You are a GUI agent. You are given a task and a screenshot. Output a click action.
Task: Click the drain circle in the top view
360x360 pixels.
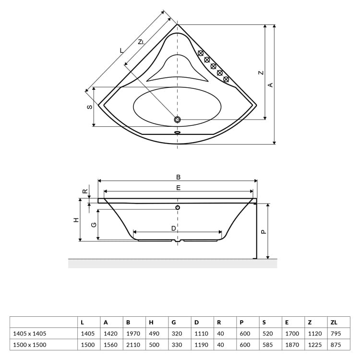coord(178,120)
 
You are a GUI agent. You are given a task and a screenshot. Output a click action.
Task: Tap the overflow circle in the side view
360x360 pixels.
coord(178,207)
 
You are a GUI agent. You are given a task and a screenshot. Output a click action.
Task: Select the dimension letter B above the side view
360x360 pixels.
coord(178,177)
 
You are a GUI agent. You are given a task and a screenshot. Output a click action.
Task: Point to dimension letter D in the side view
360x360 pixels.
coord(174,228)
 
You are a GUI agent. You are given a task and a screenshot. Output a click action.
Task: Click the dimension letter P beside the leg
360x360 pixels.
coord(263,231)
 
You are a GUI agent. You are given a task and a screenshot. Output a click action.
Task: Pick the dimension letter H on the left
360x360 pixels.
coord(75,220)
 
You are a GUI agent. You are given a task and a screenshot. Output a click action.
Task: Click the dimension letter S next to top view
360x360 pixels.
coord(89,107)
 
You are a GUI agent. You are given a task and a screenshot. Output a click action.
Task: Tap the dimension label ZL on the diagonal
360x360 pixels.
coord(141,42)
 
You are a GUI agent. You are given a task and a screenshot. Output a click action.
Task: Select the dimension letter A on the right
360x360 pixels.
coord(270,84)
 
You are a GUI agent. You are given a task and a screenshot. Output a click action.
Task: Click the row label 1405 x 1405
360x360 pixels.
coord(30,333)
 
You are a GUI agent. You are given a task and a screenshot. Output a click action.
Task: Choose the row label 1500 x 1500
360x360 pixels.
coord(30,345)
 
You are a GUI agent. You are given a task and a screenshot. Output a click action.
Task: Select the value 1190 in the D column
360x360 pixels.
coord(201,345)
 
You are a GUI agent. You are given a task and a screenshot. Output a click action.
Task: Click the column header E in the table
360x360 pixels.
coord(287,322)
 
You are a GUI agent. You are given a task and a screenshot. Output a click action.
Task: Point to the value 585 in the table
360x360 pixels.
coord(267,345)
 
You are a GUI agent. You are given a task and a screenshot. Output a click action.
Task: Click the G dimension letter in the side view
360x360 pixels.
coord(94,224)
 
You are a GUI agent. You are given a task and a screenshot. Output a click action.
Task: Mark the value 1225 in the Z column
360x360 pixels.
coord(313,345)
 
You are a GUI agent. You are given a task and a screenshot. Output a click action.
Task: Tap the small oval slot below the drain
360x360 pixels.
coord(178,132)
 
